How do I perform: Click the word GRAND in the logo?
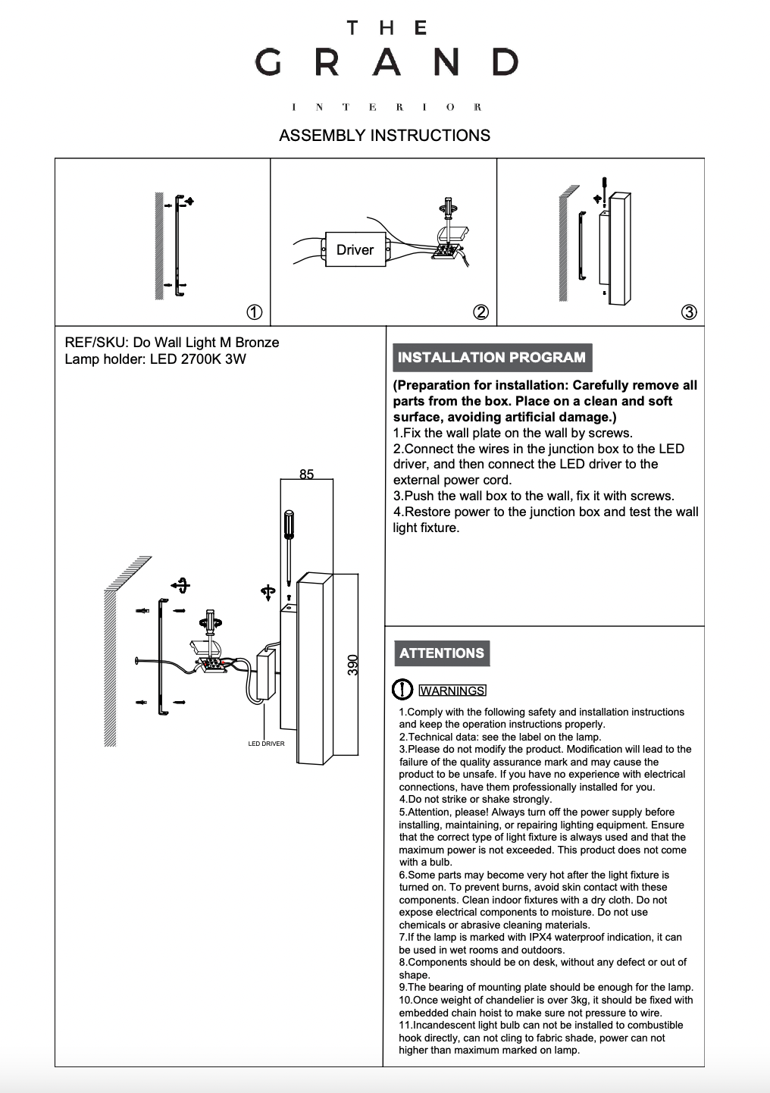386,62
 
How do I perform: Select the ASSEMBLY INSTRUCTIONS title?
384,136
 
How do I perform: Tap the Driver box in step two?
355,249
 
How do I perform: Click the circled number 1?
255,312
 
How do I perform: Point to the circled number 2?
480,312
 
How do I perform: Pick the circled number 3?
688,312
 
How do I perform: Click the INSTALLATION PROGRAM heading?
492,358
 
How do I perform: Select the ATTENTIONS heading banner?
442,653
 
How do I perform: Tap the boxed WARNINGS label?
452,691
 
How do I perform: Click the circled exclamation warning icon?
402,690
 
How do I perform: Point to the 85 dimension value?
306,474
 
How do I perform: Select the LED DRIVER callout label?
266,744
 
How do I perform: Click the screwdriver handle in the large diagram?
289,524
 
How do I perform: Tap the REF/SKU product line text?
172,343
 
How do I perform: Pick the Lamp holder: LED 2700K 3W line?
155,359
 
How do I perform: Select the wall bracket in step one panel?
179,245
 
